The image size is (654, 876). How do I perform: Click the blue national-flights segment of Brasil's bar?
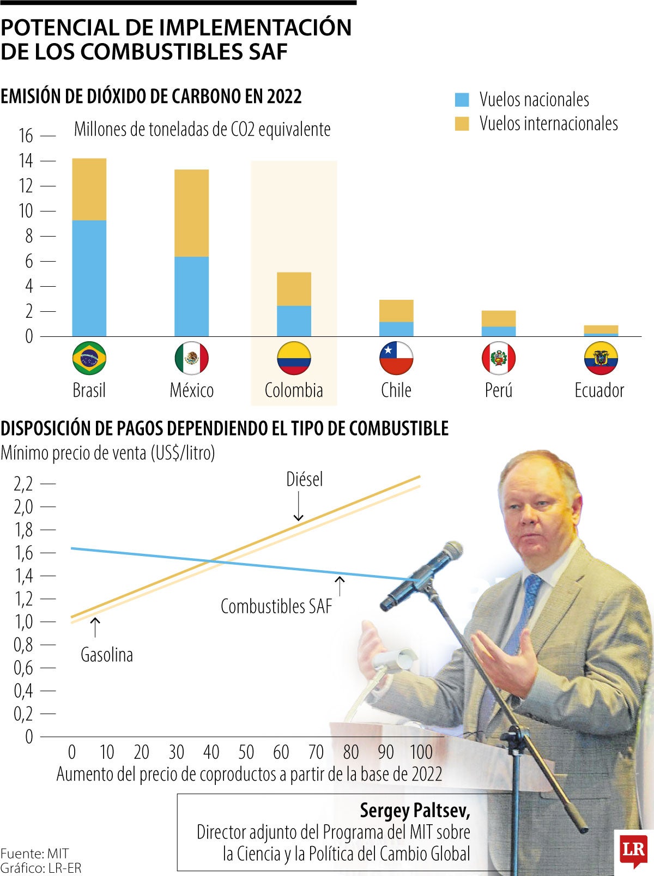click(x=89, y=278)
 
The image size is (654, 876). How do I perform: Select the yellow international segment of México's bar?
click(x=191, y=213)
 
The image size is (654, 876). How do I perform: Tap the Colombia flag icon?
click(x=294, y=358)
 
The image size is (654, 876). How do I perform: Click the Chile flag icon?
click(x=396, y=358)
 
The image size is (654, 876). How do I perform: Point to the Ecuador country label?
click(x=599, y=390)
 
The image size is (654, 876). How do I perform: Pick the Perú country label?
click(x=498, y=390)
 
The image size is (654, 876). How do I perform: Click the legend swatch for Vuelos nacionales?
click(x=462, y=100)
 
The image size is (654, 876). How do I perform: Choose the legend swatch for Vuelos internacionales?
click(x=462, y=124)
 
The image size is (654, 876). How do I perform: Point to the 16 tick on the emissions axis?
click(x=26, y=135)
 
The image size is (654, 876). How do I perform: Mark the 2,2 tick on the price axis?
click(x=23, y=484)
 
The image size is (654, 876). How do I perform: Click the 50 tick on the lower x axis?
click(x=246, y=752)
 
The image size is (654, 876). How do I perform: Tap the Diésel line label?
click(x=304, y=479)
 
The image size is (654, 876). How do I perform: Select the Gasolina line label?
click(x=107, y=655)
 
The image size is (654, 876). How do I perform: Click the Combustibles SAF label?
click(x=276, y=606)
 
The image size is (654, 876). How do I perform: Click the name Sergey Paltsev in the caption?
click(x=415, y=811)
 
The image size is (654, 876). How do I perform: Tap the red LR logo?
click(x=633, y=849)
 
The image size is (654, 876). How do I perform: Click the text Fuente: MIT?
click(x=34, y=853)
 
